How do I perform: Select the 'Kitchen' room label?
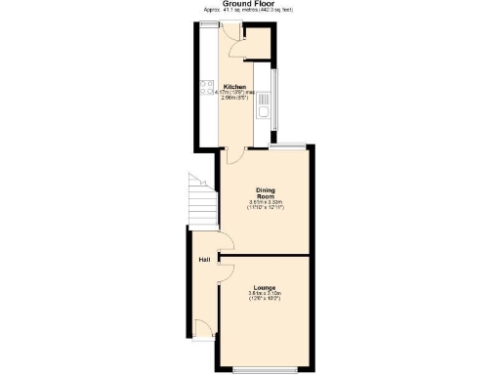[x=234, y=86]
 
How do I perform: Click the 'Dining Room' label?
[x=265, y=193]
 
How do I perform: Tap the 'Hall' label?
[x=204, y=260]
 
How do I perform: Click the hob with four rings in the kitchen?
[x=207, y=87]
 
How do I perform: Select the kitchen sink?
[x=264, y=115]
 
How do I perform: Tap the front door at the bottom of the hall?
[x=202, y=329]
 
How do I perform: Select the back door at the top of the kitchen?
[x=229, y=30]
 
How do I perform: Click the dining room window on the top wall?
[x=289, y=146]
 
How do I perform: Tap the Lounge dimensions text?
[x=265, y=296]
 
